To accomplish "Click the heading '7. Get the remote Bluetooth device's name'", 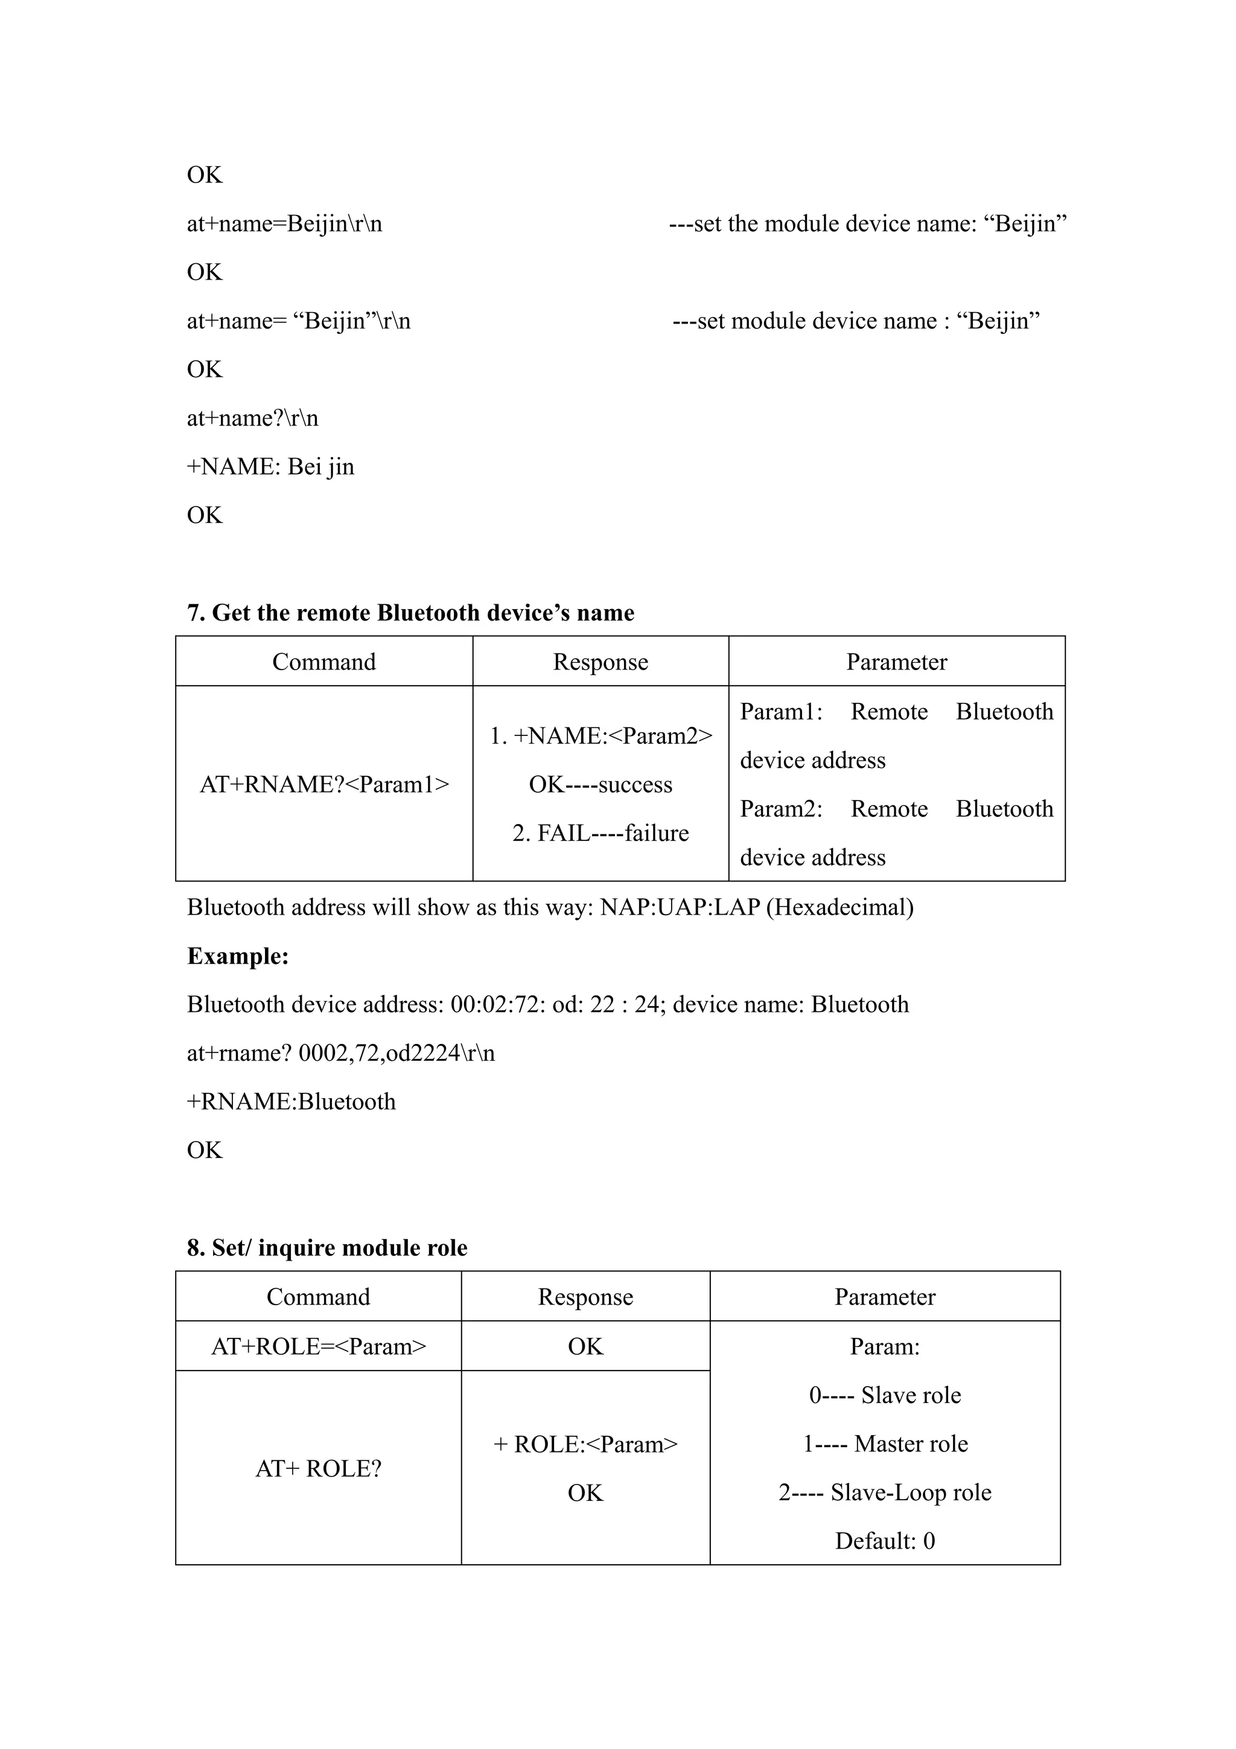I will [410, 613].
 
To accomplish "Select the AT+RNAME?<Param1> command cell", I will [325, 785].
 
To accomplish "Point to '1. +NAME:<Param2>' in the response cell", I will [601, 736].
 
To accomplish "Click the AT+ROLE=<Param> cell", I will [318, 1347].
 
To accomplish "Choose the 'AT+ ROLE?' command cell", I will [318, 1469].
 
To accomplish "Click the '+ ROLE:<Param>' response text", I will [585, 1444].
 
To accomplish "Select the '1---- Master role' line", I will [885, 1444].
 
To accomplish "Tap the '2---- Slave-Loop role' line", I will [885, 1492].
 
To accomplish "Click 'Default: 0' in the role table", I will [885, 1541].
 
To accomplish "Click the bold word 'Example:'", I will [238, 956].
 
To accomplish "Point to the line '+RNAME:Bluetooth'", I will [291, 1102].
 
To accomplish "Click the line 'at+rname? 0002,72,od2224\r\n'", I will [341, 1053].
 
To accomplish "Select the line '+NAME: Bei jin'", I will [271, 467].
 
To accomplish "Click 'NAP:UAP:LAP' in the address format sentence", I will [680, 907].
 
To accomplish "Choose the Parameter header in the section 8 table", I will [885, 1297].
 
